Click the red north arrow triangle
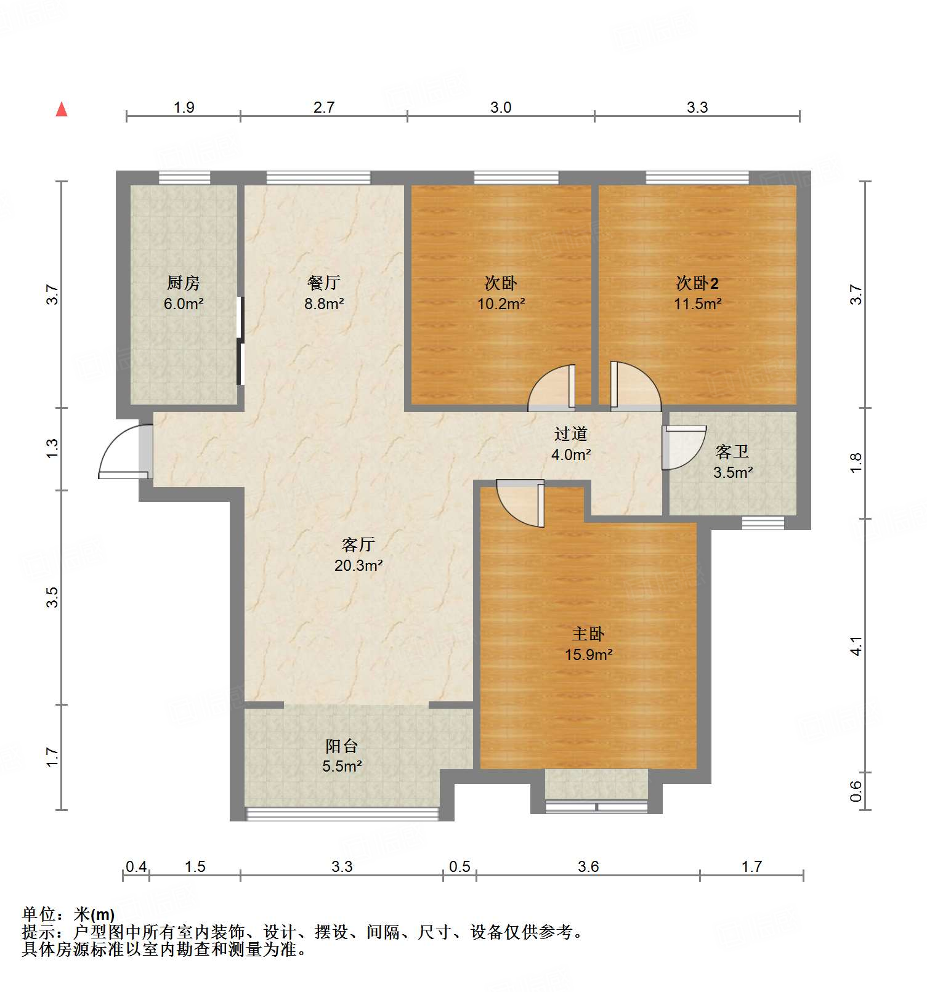62,110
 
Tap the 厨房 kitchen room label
184,292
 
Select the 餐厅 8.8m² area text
324,293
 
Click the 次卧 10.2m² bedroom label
501,293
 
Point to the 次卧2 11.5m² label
697,293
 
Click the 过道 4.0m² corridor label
571,444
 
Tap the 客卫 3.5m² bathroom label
732,462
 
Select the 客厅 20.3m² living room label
358,554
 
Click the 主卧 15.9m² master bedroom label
588,643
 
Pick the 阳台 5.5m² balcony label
342,756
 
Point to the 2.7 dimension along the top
324,108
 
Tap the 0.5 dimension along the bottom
459,867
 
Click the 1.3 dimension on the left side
53,448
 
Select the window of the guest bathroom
763,523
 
